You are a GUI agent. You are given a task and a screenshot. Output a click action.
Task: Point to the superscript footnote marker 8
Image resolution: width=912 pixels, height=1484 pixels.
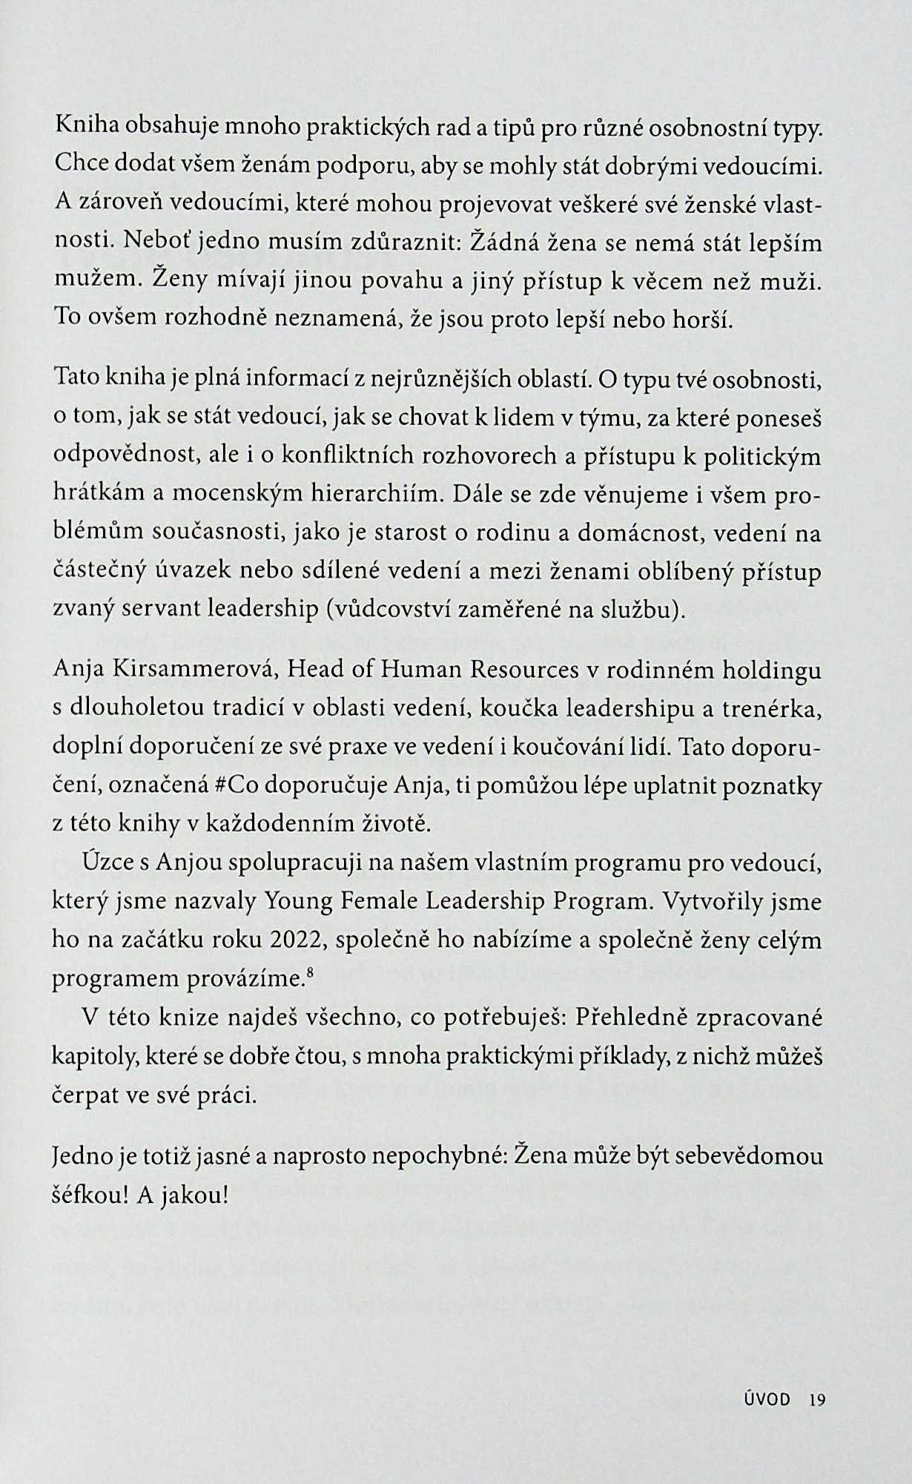pos(307,972)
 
